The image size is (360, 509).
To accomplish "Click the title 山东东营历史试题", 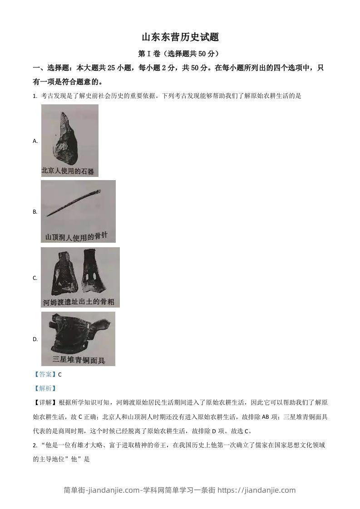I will (180, 37).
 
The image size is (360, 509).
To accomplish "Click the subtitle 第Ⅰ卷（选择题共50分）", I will (180, 54).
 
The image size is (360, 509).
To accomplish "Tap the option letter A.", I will (35, 141).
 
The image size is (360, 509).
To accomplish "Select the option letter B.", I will (35, 212).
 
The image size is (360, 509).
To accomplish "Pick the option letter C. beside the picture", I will (35, 278).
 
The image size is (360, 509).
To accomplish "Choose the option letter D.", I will (35, 339).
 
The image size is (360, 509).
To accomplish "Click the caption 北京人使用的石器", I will (68, 171).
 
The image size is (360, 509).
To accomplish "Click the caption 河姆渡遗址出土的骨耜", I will (79, 302).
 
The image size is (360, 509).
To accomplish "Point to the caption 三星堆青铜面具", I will (79, 361).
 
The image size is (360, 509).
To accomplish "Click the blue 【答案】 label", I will (45, 374).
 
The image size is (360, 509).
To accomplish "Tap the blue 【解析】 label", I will (45, 388).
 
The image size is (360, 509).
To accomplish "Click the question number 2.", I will (35, 445).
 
